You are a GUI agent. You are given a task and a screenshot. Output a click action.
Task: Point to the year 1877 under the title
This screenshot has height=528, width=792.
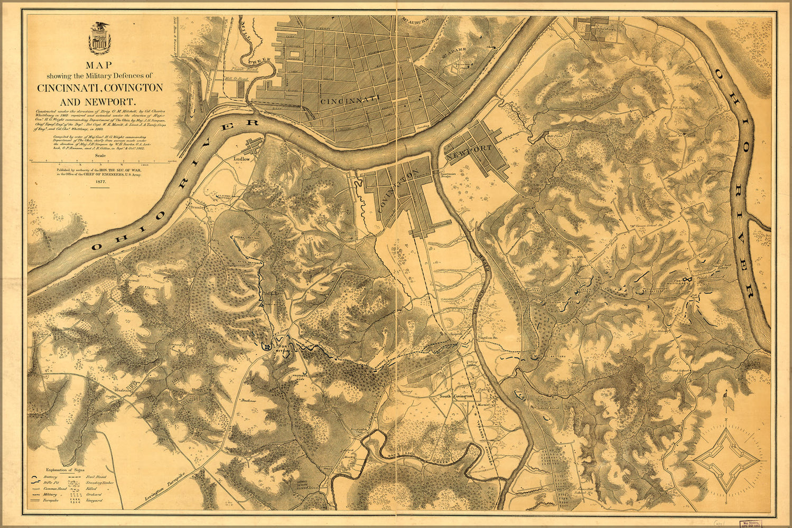100,181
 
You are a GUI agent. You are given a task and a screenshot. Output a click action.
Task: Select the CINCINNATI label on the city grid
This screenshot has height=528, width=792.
350,99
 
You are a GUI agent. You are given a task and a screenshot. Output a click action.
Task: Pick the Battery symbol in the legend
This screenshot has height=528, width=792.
35,477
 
